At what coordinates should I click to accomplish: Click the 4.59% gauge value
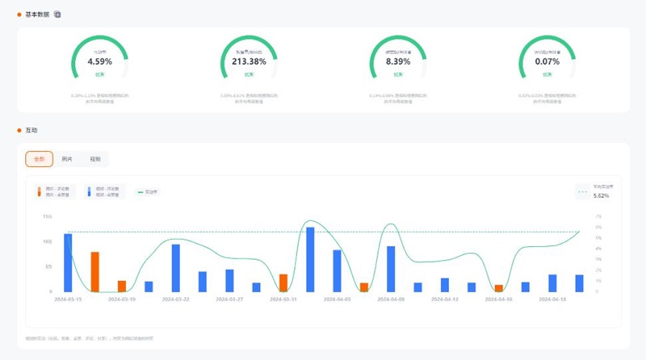coord(99,61)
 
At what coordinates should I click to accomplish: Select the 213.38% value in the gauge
coord(249,61)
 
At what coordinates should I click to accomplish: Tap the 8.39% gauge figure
coord(398,61)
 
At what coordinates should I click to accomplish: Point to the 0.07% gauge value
coord(547,61)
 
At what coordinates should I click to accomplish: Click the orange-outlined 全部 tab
coord(39,159)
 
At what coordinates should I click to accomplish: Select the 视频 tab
coord(95,159)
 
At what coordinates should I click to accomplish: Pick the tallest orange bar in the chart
coord(94,271)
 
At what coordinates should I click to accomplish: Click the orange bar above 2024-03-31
coord(283,283)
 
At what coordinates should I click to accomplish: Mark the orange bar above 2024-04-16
coord(499,288)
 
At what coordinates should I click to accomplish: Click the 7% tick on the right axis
coord(598,217)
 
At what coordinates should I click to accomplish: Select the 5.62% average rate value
coord(602,195)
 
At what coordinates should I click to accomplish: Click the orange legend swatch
coord(38,192)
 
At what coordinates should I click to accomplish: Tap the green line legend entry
coord(147,192)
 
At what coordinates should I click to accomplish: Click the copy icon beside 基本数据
coord(57,15)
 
